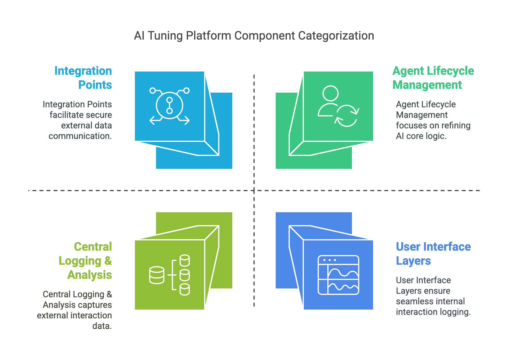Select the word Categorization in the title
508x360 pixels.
[x=336, y=36]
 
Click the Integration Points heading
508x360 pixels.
[x=83, y=78]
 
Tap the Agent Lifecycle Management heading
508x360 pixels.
[x=433, y=78]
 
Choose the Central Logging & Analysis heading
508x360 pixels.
[x=86, y=261]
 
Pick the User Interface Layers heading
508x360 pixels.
[x=433, y=254]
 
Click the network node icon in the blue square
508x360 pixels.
[x=170, y=106]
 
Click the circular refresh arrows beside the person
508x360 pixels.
[x=347, y=116]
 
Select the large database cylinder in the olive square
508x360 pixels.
[x=157, y=275]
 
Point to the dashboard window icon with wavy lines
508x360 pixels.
[x=338, y=275]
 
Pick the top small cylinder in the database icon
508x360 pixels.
[x=184, y=260]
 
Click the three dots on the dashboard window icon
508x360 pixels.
[x=329, y=260]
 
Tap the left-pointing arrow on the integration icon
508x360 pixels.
[x=153, y=120]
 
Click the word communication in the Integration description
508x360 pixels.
[x=80, y=136]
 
